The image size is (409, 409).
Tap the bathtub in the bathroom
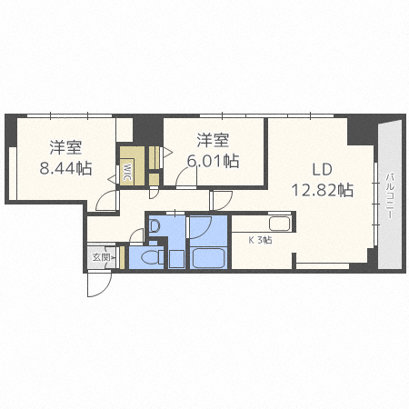pos(208,257)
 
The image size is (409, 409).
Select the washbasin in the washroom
pos(155,225)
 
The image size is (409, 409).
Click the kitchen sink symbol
pos(280,224)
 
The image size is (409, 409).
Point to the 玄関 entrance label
pos(101,257)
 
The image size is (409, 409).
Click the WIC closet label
pos(128,172)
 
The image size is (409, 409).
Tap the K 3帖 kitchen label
pos(260,241)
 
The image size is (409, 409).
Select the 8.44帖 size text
pos(65,168)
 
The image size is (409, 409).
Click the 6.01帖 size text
pos(213,161)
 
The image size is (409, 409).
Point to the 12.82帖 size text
pos(323,191)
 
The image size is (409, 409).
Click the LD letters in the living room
pos(323,170)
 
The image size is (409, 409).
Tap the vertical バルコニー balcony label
pos(390,195)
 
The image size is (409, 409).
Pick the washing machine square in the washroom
pos(176,259)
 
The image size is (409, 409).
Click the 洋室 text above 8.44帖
pos(65,147)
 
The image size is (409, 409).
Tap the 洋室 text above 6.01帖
pos(213,140)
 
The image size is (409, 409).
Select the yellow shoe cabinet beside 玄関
pos(123,257)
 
